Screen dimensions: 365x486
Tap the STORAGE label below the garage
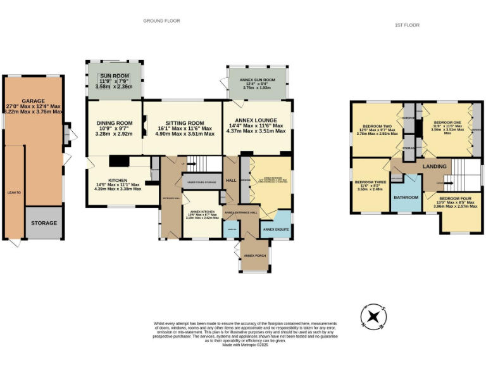[x=44, y=223]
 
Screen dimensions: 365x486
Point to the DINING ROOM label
[x=115, y=123]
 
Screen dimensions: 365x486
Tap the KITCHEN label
[x=118, y=180]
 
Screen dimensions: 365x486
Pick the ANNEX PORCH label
[x=254, y=255]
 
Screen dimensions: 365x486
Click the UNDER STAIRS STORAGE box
[x=201, y=182]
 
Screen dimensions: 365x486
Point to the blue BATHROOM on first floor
[x=406, y=198]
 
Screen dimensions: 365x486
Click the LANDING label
[x=435, y=167]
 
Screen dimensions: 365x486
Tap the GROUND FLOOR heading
[x=161, y=21]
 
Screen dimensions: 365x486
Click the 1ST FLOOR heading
[x=408, y=25]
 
